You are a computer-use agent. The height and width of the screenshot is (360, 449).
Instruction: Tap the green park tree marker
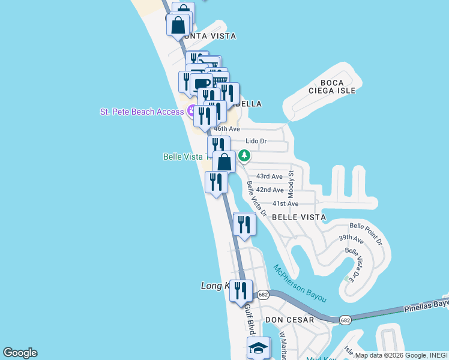[x=244, y=156]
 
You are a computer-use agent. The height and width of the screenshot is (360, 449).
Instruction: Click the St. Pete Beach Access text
[x=143, y=112]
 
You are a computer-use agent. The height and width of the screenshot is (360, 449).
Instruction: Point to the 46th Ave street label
[x=227, y=129]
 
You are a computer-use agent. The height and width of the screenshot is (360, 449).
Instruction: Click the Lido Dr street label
[x=256, y=141]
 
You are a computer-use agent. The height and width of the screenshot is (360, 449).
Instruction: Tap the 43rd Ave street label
[x=269, y=176]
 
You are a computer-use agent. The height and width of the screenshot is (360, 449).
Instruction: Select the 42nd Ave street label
[x=270, y=190]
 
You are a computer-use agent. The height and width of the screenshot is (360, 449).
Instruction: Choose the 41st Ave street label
[x=285, y=204]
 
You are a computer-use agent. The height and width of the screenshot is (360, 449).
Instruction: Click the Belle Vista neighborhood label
[x=299, y=217]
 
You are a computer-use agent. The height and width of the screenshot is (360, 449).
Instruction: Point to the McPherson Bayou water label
[x=300, y=283]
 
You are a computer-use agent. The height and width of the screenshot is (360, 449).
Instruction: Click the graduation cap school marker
[x=259, y=348]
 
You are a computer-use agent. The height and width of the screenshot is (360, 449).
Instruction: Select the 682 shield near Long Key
[x=263, y=295]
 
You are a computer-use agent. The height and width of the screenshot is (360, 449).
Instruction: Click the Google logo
[x=20, y=353]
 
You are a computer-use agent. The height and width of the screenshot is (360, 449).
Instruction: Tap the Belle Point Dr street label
[x=366, y=234]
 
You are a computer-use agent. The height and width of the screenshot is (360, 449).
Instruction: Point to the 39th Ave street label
[x=351, y=238]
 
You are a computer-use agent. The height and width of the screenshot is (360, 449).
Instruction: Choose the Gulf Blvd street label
[x=249, y=319]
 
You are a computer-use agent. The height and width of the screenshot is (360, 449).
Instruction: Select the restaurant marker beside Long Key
[x=241, y=291]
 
